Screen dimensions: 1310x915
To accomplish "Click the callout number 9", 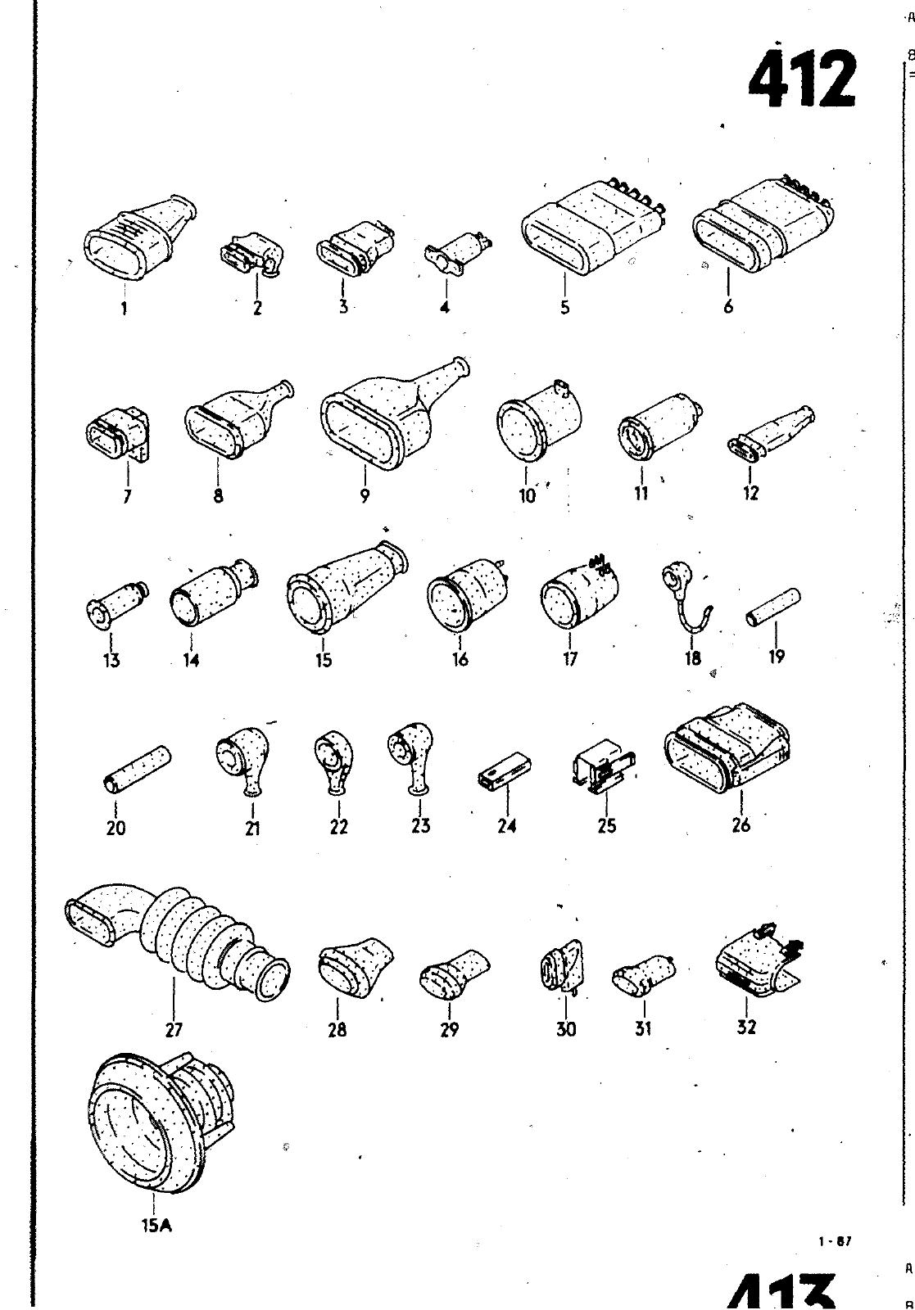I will pos(365,495).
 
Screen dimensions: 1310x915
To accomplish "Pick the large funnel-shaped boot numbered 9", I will pos(385,417).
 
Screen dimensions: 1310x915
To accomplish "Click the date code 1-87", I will pos(835,1240).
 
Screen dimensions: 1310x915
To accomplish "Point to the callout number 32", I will pos(746,1027).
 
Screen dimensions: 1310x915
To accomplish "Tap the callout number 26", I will pos(741,825).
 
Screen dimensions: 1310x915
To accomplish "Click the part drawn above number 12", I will pos(769,431).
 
